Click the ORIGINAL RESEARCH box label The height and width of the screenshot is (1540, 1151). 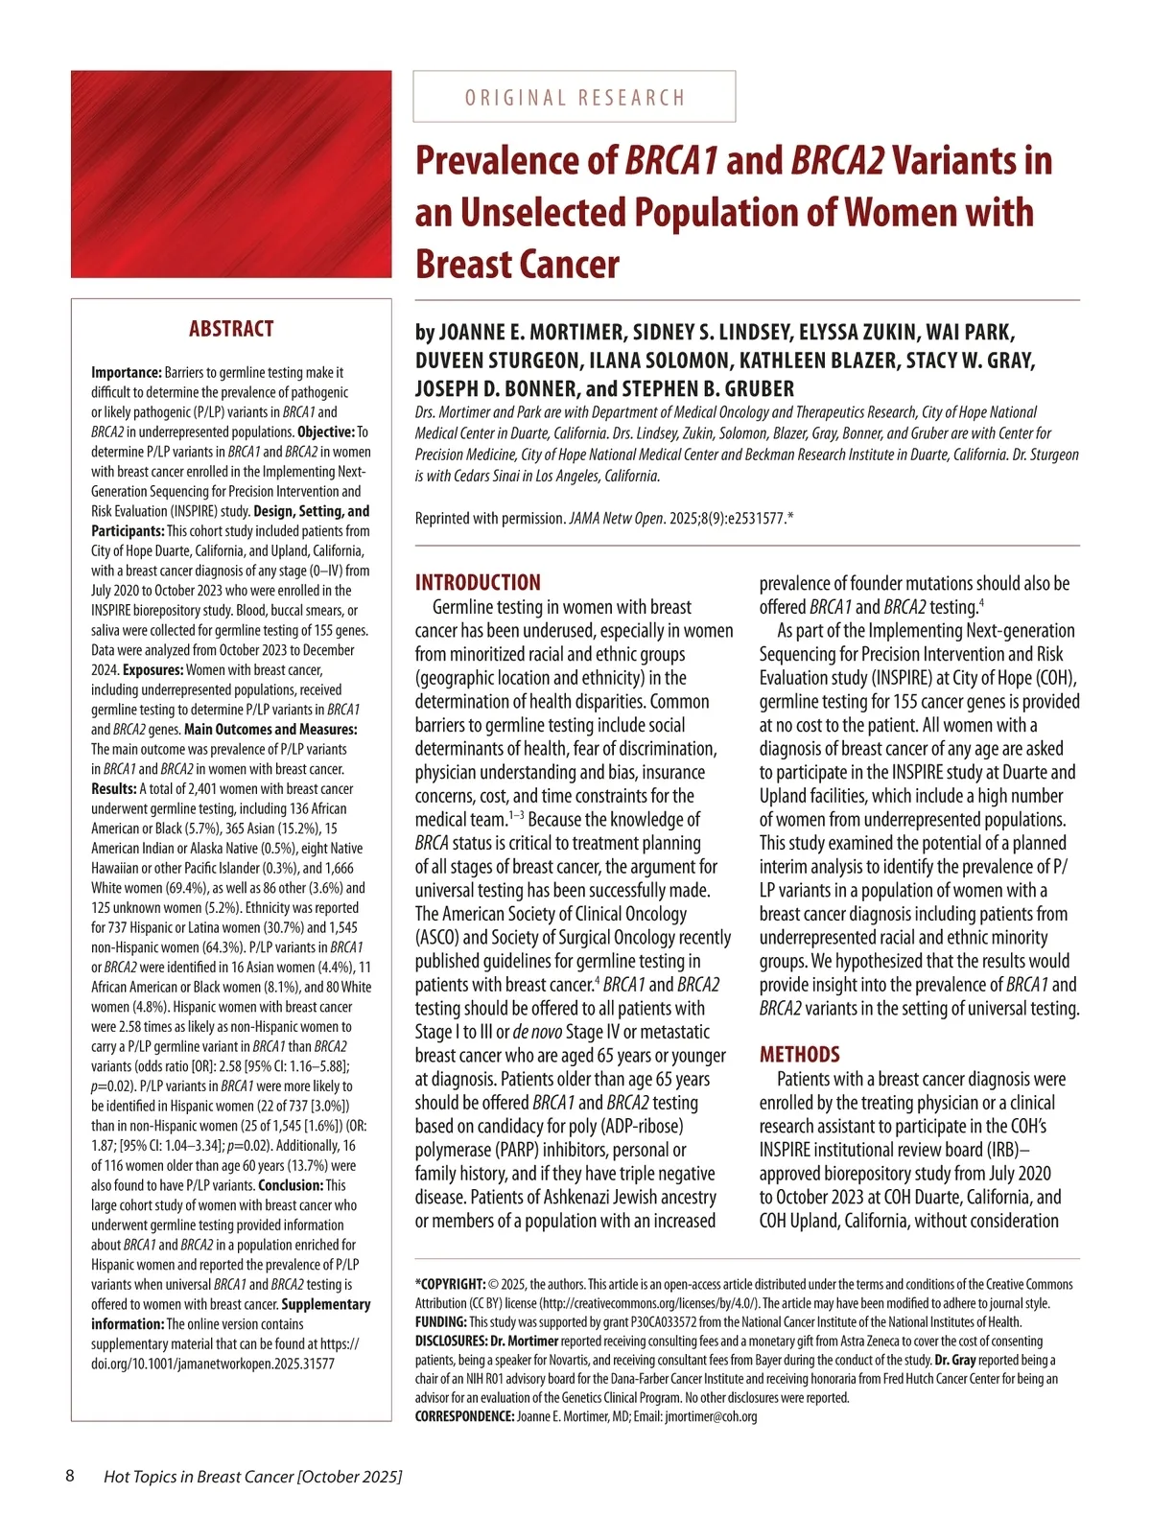tap(575, 97)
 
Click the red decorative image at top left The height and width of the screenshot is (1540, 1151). tap(231, 174)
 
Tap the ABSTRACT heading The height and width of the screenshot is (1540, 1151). tap(231, 329)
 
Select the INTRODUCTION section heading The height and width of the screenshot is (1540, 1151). tap(478, 582)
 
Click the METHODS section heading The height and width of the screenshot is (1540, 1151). tap(800, 1055)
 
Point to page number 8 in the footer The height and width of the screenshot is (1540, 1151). tap(70, 1476)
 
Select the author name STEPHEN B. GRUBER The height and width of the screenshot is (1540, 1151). tap(708, 389)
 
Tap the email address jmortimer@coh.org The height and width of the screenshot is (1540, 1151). tap(711, 1416)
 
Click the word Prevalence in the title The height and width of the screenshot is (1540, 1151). tap(516, 160)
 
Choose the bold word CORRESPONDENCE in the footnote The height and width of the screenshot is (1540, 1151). tap(464, 1416)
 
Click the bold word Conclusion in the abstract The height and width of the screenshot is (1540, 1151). tap(291, 1185)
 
